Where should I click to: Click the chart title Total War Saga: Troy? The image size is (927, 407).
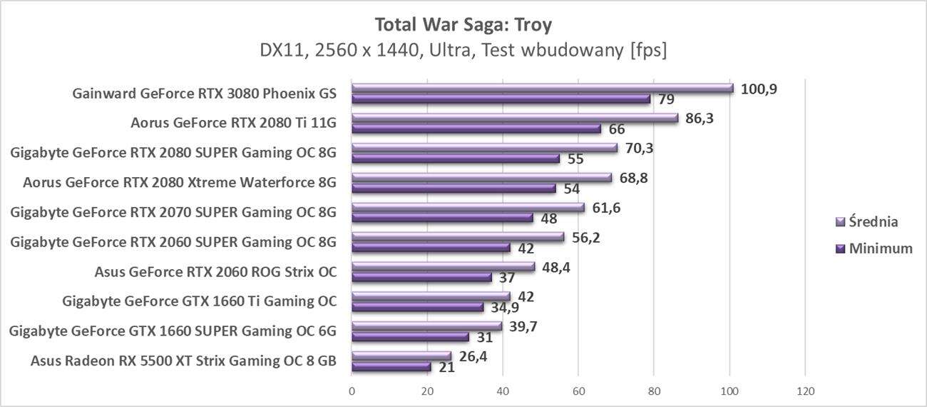click(463, 24)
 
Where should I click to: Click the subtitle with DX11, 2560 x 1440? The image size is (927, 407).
click(463, 51)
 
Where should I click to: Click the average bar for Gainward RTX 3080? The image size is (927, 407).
click(542, 88)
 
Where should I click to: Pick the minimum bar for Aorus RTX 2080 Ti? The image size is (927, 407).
click(476, 129)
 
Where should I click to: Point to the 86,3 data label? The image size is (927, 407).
click(699, 118)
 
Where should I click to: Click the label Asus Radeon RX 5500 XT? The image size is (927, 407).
click(183, 361)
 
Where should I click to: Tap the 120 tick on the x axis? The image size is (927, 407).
click(805, 391)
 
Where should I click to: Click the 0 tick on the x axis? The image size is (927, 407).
click(352, 391)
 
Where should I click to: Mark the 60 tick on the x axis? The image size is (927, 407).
click(578, 391)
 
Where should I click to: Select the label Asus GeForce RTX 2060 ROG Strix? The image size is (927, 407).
click(215, 271)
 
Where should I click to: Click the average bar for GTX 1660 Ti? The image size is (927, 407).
click(431, 296)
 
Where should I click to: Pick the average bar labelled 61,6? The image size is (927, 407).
click(468, 207)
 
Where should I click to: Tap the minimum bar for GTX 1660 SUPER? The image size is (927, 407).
click(410, 336)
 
